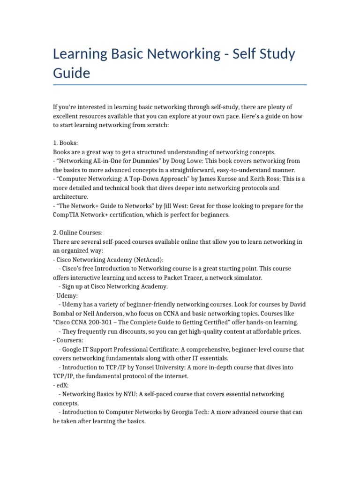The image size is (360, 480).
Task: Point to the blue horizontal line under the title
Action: point(180,85)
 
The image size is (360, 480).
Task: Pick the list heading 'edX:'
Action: point(62,385)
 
